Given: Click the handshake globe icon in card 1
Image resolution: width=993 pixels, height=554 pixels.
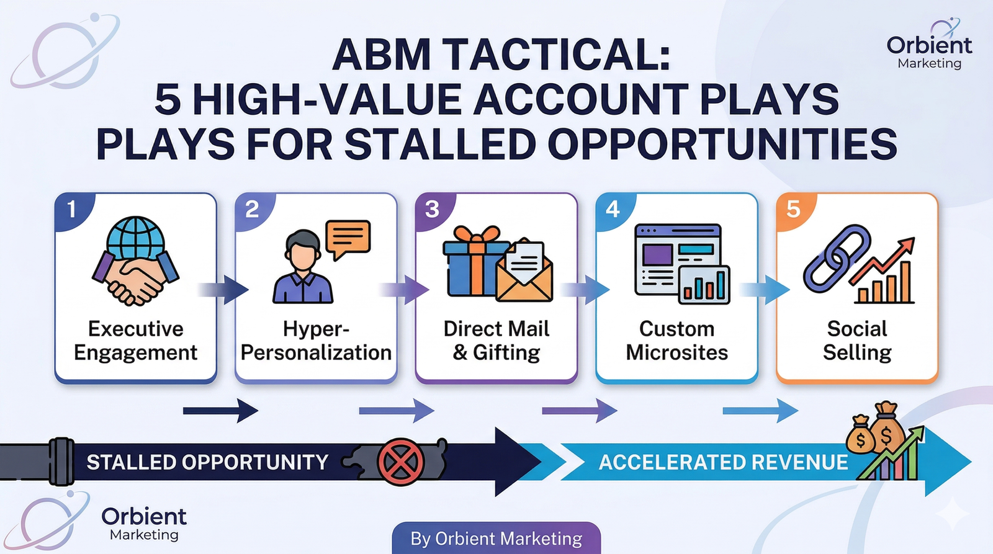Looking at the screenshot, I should coord(135,261).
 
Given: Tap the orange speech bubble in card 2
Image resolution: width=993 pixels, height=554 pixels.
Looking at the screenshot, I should coord(348,238).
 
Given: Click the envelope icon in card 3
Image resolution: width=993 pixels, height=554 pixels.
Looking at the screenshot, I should coord(525,273).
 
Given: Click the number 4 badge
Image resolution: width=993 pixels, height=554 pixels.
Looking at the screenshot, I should coord(613,209).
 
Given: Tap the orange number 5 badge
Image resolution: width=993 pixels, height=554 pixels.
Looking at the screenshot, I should coord(793,209).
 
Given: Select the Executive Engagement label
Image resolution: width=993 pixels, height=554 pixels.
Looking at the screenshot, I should coord(135,341).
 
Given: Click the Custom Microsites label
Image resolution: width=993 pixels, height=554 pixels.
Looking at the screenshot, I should coord(676,341).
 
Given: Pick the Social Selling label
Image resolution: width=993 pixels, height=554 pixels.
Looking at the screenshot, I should coord(857,341).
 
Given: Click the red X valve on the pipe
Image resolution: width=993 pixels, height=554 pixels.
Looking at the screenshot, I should coord(401,462).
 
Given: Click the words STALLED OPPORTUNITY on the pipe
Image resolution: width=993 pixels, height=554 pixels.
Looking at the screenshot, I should coord(207,462).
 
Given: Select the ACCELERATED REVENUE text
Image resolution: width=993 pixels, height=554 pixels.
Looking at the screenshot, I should coord(723,462).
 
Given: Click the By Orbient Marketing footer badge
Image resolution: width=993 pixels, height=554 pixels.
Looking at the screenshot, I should coord(496,538).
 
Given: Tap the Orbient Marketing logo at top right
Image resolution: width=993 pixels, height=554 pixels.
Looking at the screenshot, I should coord(928,46).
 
